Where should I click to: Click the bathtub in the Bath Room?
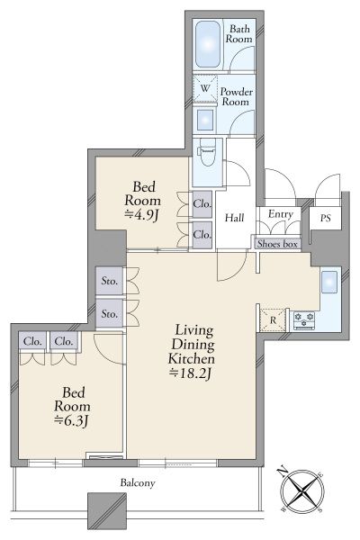click(208, 44)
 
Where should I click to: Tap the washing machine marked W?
click(205, 88)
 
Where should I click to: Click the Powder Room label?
click(237, 97)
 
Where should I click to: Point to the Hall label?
click(234, 218)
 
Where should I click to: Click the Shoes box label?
click(277, 244)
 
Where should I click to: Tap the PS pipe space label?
click(326, 218)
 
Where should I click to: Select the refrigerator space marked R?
click(273, 320)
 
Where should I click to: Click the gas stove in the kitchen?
click(303, 320)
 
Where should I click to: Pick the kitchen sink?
click(329, 282)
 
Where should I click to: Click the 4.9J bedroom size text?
click(141, 215)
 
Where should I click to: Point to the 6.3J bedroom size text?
click(72, 420)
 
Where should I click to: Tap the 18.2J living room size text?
click(191, 373)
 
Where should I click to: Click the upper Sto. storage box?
click(110, 281)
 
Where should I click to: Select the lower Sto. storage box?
click(110, 313)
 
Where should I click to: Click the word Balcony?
click(138, 482)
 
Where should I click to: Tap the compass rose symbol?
click(302, 490)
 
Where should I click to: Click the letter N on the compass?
click(283, 470)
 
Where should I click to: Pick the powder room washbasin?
click(205, 121)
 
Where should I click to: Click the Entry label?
click(281, 214)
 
